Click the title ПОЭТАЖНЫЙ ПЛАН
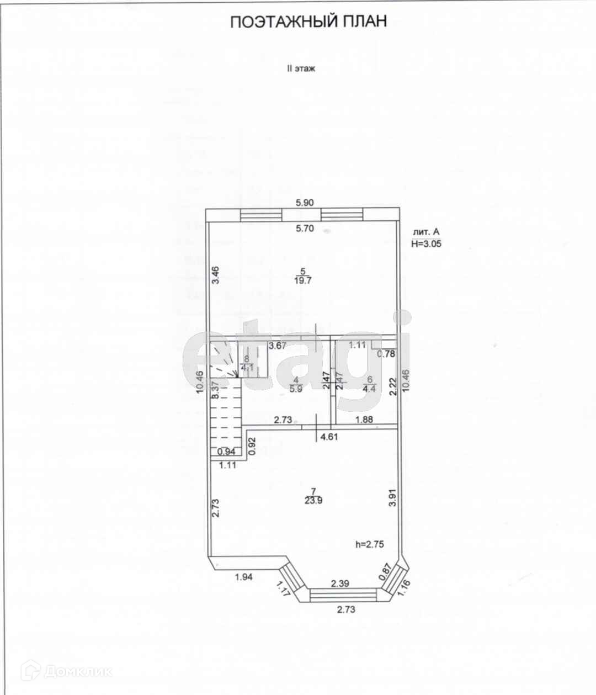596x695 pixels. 308,22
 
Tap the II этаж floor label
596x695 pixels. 301,69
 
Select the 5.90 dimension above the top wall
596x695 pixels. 305,203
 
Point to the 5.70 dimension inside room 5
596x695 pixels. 305,229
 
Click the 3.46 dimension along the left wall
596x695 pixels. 217,274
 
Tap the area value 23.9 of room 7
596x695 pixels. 313,501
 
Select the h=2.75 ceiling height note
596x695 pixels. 370,544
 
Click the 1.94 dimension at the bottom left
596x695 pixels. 243,577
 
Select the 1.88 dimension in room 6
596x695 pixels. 364,420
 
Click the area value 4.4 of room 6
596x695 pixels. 370,388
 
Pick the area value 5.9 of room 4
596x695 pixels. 296,388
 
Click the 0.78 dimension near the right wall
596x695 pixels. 386,354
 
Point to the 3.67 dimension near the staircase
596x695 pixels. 278,346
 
